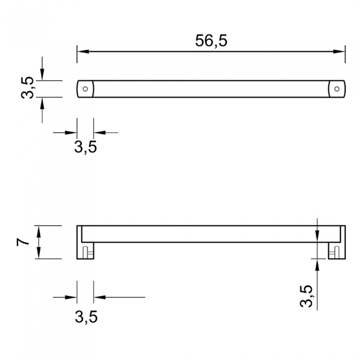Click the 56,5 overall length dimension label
[x=211, y=41]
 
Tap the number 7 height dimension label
[x=23, y=242]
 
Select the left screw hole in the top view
[x=85, y=89]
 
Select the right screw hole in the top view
[x=337, y=89]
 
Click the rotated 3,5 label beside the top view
[x=27, y=88]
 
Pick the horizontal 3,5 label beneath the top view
[x=85, y=147]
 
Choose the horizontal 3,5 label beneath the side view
[x=86, y=317]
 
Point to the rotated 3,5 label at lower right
[x=306, y=296]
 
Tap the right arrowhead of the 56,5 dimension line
[x=339, y=51]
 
